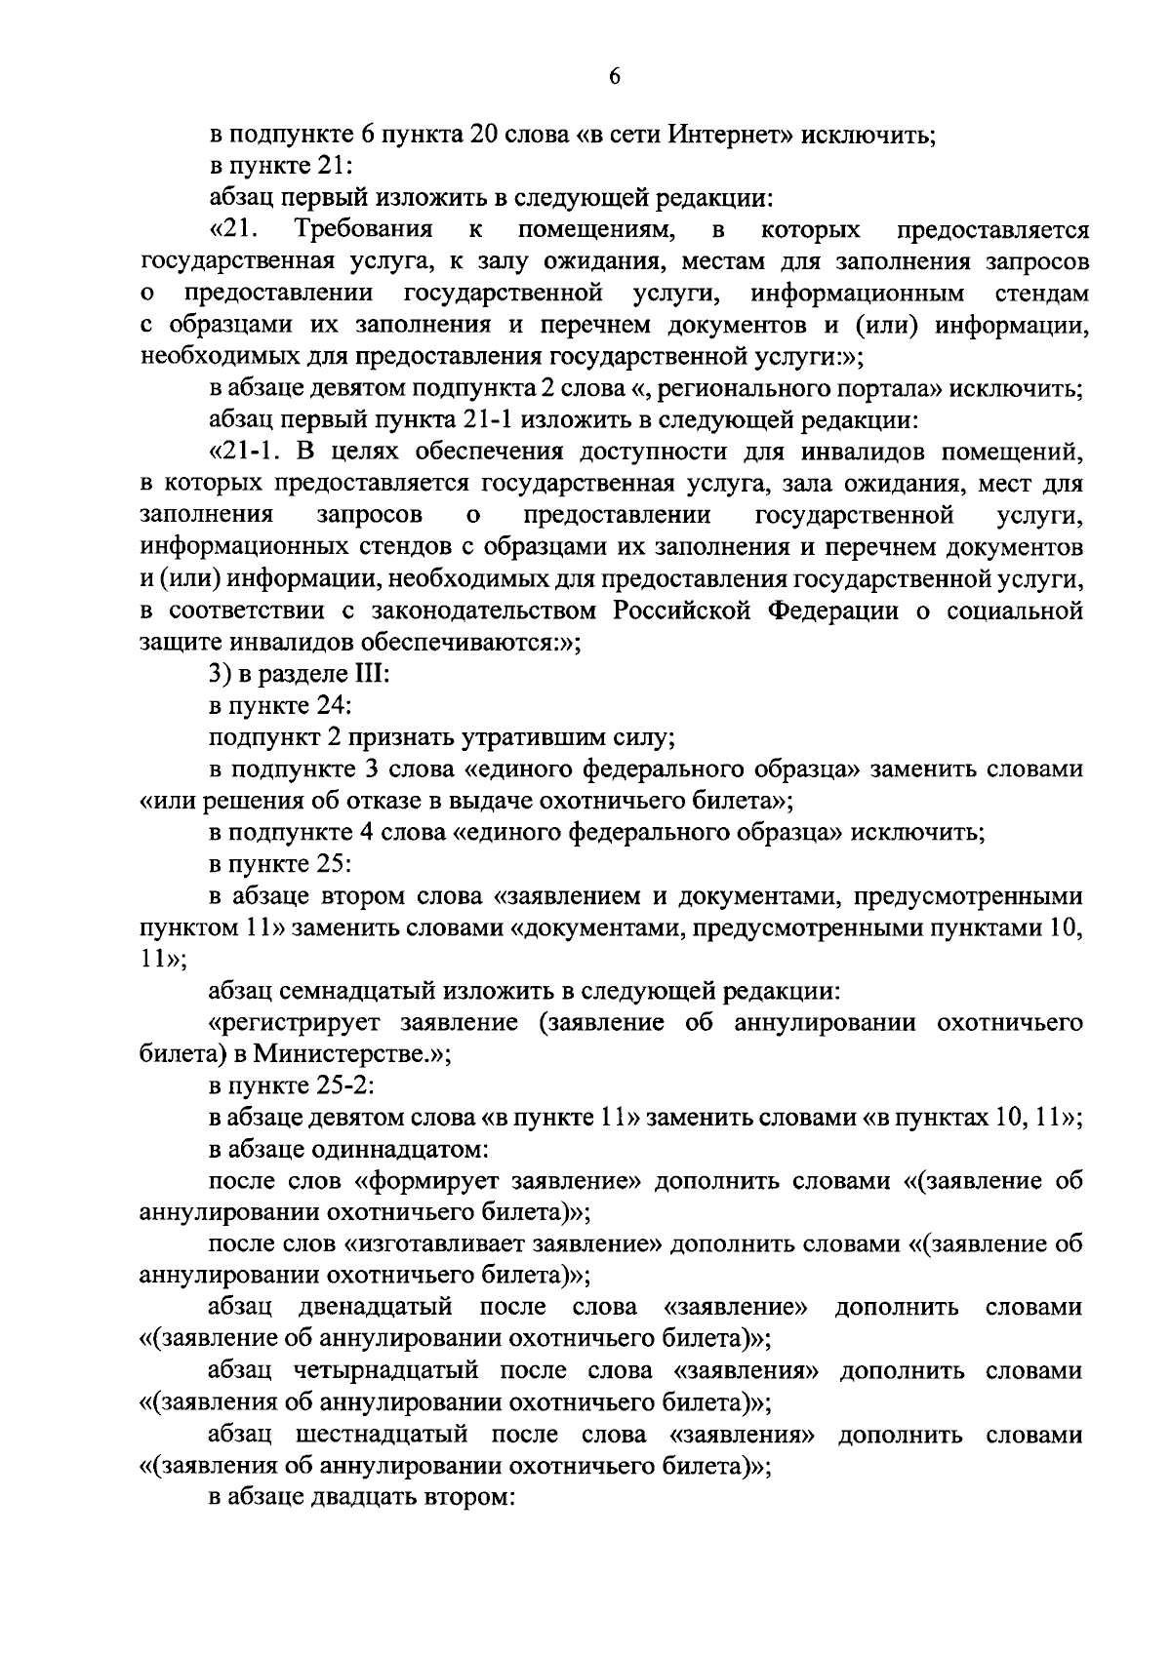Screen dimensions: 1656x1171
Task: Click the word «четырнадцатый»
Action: click(385, 1371)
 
